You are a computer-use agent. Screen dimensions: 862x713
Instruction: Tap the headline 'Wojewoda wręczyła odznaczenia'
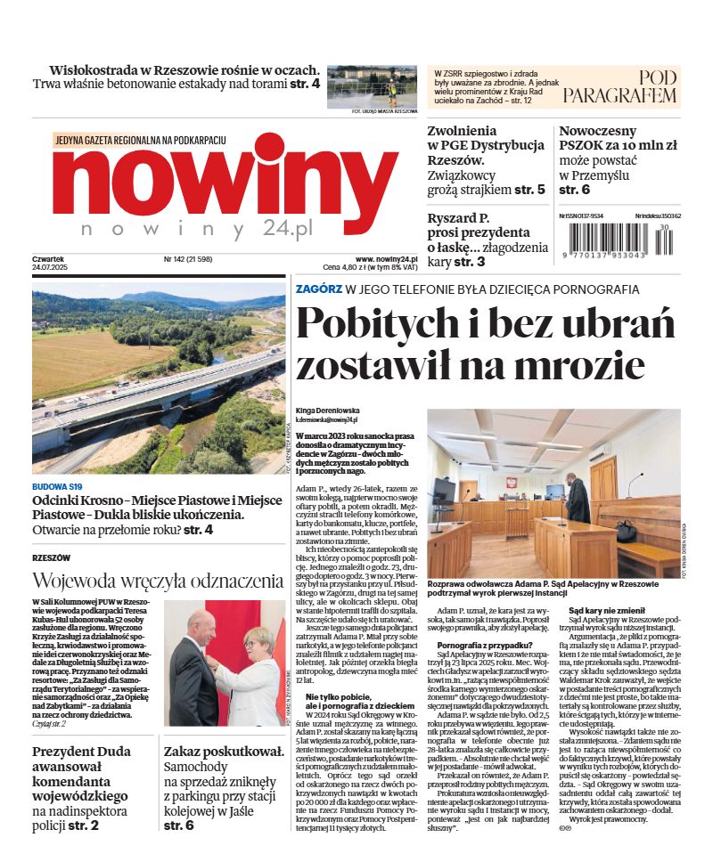pyautogui.click(x=158, y=581)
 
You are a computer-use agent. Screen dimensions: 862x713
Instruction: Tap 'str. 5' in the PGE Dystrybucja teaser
pyautogui.click(x=529, y=190)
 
